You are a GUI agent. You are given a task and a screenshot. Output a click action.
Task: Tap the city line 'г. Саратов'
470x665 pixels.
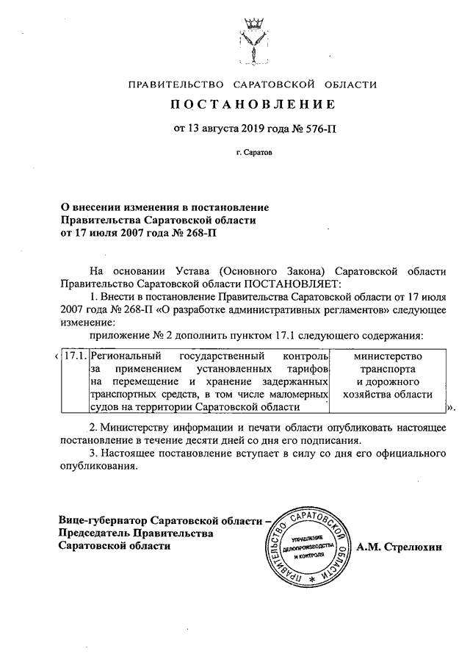(253, 156)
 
